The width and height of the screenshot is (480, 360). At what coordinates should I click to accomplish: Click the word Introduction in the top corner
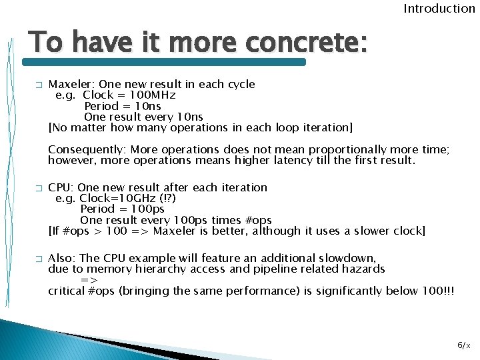point(439,9)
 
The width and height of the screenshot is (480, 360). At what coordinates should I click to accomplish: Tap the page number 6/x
point(464,345)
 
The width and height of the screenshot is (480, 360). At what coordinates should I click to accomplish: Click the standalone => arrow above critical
point(89,280)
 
